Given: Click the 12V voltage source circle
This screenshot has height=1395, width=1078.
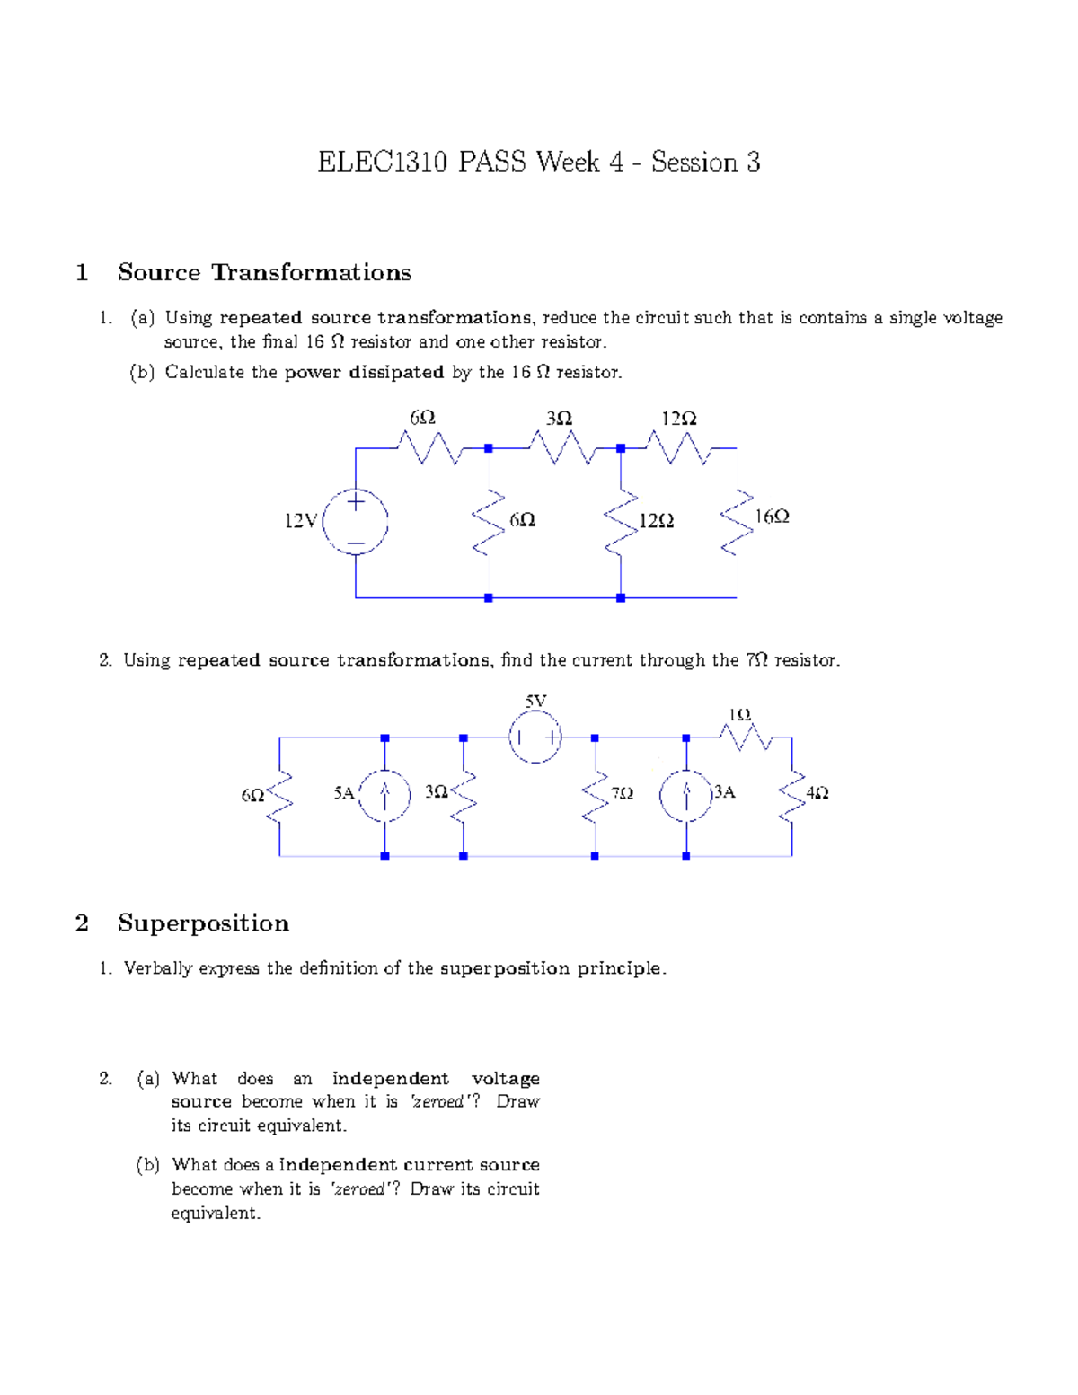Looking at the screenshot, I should coord(356,521).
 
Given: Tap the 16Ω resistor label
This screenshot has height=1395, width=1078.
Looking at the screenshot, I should coord(772,517).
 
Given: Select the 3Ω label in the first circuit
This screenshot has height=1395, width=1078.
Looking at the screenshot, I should coord(559,419).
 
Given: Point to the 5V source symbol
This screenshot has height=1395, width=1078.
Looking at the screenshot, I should coord(535,738).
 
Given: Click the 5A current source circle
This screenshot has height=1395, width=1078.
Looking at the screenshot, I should coord(384,793).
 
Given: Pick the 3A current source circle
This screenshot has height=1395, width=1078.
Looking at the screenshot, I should coord(686,794).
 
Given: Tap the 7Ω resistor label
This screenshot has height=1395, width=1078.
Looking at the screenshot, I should coord(622,793).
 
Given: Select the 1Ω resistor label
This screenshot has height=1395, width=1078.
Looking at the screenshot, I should coord(739,714).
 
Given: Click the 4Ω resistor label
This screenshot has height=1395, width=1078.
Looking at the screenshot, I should coord(817,793).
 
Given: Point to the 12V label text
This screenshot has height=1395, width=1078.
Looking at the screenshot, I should coord(301,521).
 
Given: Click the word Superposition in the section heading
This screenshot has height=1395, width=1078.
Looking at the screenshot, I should coord(203,923).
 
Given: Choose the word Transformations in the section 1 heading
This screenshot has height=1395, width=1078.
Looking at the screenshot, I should coord(311,273).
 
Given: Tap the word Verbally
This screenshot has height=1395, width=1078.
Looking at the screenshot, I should coord(158,968).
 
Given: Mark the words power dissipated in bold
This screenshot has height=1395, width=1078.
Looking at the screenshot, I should coord(364,373).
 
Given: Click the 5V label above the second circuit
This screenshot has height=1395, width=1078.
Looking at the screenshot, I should coord(535,701).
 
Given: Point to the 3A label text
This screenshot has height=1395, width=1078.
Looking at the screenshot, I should coord(724,792).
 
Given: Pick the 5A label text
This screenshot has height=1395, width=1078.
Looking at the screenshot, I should coord(344,793).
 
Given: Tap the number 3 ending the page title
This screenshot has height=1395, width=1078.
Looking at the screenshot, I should coord(753,163).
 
